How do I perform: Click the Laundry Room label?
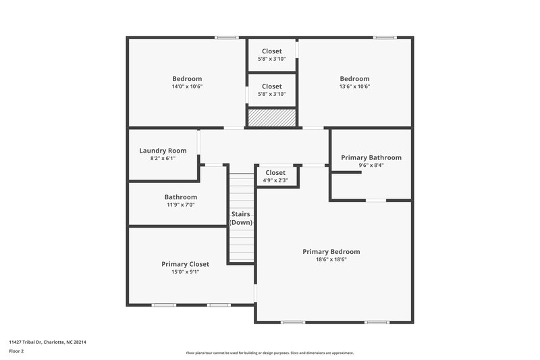pyautogui.click(x=162, y=151)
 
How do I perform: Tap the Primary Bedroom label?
pyautogui.click(x=331, y=251)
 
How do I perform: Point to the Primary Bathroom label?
pyautogui.click(x=371, y=157)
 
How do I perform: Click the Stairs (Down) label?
pyautogui.click(x=241, y=218)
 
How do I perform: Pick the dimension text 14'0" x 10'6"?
pyautogui.click(x=186, y=86)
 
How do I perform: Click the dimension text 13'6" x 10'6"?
pyautogui.click(x=354, y=86)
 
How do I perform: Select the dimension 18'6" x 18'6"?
pyautogui.click(x=331, y=259)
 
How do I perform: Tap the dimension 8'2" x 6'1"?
pyautogui.click(x=162, y=159)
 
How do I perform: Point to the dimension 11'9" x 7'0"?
pyautogui.click(x=180, y=205)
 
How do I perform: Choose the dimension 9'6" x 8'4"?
pyautogui.click(x=371, y=165)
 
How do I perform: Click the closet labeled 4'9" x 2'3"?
pyautogui.click(x=275, y=176)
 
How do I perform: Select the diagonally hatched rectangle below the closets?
pyautogui.click(x=272, y=118)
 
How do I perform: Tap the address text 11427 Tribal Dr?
pyautogui.click(x=47, y=342)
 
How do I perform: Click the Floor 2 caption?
pyautogui.click(x=17, y=351)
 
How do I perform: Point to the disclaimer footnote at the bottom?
pyautogui.click(x=269, y=353)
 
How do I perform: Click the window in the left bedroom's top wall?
pyautogui.click(x=226, y=37)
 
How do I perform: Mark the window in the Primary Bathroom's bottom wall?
pyautogui.click(x=376, y=200)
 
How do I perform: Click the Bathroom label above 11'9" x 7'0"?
pyautogui.click(x=180, y=197)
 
